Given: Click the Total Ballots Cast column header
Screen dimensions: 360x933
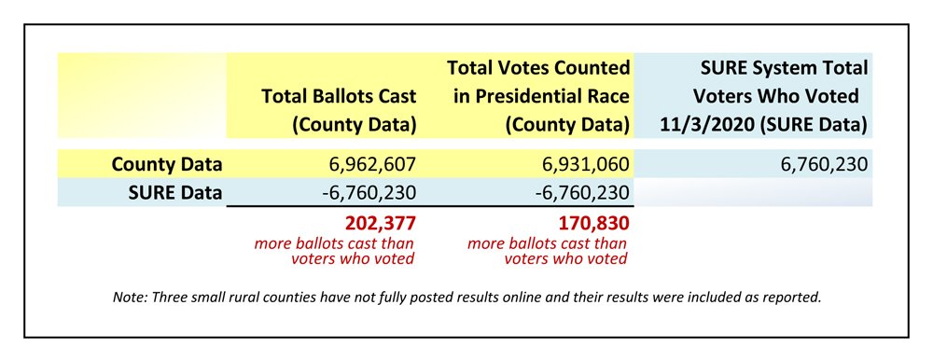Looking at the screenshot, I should pyautogui.click(x=339, y=109).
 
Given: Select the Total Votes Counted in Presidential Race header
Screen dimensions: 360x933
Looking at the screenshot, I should pyautogui.click(x=538, y=95).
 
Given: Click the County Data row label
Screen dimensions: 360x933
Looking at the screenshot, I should pyautogui.click(x=166, y=165).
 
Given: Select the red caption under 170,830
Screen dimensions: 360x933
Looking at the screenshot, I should pyautogui.click(x=549, y=251).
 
